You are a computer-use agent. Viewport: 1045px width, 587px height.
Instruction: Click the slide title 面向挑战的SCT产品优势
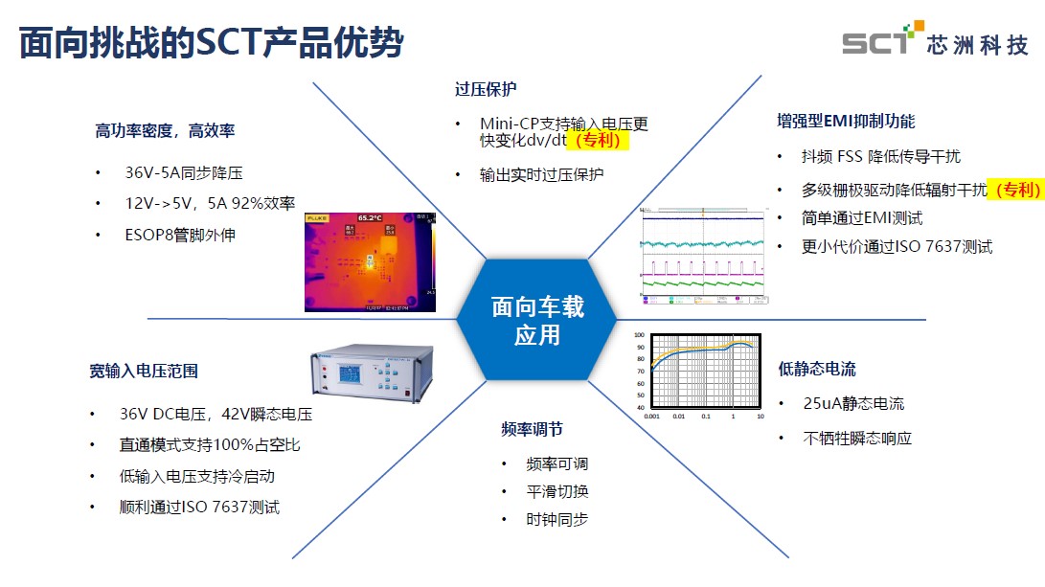pyautogui.click(x=211, y=43)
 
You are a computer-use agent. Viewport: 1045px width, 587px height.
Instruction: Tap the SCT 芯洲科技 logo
pyautogui.click(x=935, y=42)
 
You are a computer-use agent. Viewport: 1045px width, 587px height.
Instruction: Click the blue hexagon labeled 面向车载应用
pyautogui.click(x=536, y=320)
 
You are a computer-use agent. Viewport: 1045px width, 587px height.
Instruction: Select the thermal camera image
pyautogui.click(x=370, y=261)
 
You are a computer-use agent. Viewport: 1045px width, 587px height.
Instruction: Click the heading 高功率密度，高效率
pyautogui.click(x=165, y=130)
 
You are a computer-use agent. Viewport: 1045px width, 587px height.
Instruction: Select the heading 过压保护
pyautogui.click(x=486, y=89)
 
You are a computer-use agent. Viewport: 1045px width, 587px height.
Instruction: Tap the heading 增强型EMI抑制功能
pyautogui.click(x=846, y=121)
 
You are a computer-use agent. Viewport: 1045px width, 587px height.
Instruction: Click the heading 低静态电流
pyautogui.click(x=817, y=369)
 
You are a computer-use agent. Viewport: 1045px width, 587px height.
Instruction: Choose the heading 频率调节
pyautogui.click(x=533, y=428)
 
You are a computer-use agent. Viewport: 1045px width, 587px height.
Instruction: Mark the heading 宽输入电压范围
pyautogui.click(x=144, y=371)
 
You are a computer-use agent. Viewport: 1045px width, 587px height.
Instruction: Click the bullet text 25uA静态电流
pyautogui.click(x=853, y=403)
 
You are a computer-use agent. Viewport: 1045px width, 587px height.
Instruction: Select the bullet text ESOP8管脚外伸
pyautogui.click(x=180, y=235)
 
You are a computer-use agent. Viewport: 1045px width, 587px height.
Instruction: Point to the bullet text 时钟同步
pyautogui.click(x=557, y=519)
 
